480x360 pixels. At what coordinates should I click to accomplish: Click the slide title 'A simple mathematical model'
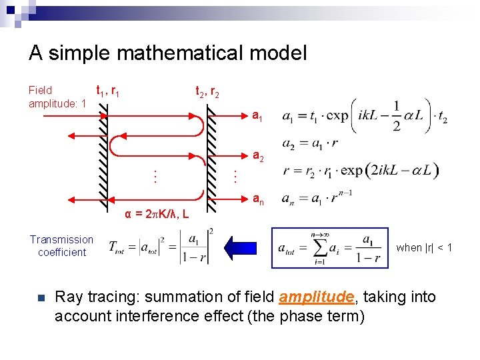[167, 53]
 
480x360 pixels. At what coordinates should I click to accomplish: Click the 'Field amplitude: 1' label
[57, 97]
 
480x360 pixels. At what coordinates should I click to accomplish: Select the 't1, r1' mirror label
[108, 90]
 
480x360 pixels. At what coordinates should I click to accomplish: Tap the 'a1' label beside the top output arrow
[258, 117]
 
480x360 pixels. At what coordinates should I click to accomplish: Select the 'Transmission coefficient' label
[62, 246]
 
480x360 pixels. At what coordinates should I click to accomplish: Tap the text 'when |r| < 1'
[424, 247]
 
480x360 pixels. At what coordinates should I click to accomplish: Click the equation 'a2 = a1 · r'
[311, 145]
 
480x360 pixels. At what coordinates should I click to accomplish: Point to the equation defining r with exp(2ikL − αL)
[360, 170]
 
